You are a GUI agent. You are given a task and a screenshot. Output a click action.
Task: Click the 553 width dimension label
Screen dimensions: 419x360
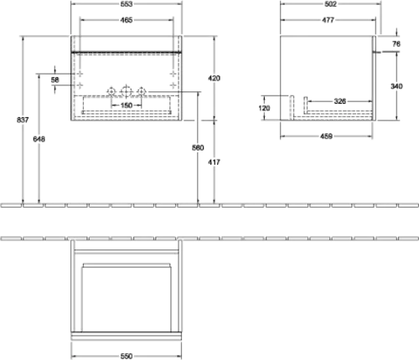(x=127, y=4)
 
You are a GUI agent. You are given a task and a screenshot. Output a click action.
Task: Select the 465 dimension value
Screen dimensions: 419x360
(x=127, y=20)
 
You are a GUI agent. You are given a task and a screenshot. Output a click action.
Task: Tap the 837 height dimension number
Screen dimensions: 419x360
(x=23, y=120)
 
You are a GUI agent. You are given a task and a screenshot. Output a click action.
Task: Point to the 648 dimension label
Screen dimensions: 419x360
(x=39, y=139)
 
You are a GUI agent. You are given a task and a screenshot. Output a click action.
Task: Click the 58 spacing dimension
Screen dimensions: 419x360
(x=55, y=80)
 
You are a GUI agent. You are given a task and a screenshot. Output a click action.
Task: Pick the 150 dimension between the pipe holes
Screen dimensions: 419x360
(x=127, y=105)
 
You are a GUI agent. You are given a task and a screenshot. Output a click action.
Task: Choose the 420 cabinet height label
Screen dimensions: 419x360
(x=214, y=79)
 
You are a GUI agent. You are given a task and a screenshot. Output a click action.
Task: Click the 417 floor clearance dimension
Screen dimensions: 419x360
(x=214, y=162)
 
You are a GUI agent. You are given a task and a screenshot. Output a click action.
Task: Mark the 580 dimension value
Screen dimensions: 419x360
(x=198, y=147)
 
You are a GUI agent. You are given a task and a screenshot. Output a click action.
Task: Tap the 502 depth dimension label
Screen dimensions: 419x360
(x=330, y=4)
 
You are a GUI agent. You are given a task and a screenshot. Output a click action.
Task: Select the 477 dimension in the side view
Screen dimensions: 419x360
(x=328, y=20)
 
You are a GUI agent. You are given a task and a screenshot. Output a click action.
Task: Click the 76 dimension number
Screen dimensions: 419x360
(x=396, y=44)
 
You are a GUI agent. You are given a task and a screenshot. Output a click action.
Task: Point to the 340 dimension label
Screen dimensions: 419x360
(x=396, y=86)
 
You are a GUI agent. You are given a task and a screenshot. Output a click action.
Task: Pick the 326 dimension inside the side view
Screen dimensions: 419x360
(x=340, y=101)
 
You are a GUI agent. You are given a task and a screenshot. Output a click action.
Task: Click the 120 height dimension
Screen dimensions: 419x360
(x=264, y=108)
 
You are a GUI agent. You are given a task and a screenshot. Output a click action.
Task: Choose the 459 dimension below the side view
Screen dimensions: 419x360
(x=326, y=136)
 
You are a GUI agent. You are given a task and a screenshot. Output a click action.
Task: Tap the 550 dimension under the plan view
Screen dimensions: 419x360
(x=127, y=357)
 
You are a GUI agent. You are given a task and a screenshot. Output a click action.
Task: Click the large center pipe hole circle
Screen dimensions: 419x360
(x=127, y=91)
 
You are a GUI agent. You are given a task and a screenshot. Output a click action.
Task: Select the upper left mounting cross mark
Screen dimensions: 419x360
(x=80, y=74)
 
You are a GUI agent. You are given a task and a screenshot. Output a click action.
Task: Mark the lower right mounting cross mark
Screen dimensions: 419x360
(x=173, y=85)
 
